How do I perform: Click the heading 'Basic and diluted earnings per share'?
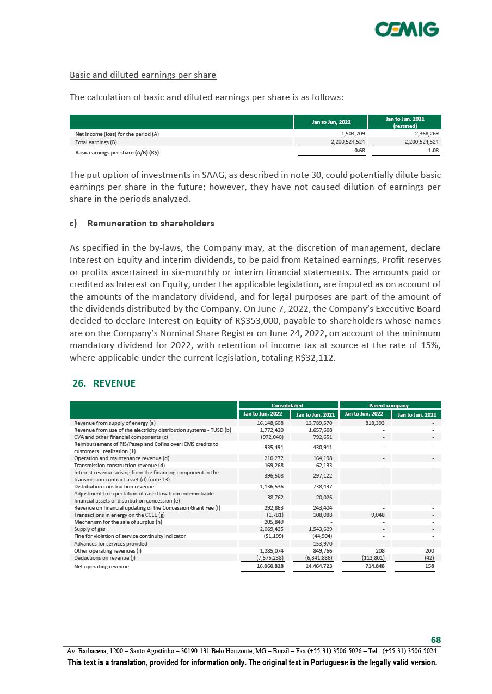(143, 75)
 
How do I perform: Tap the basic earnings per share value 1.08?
(433, 151)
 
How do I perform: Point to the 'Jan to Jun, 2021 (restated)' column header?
(404, 122)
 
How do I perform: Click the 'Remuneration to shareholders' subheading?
(151, 223)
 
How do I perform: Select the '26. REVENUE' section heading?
(104, 383)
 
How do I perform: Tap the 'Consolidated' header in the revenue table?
(287, 405)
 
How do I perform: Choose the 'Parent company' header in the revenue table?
(390, 405)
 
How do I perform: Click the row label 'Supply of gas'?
(90, 529)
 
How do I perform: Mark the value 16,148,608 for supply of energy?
(270, 423)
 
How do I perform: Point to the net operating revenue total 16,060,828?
(269, 566)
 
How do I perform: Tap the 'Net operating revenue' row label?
(101, 566)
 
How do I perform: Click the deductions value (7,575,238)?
(269, 557)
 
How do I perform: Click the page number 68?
(435, 640)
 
